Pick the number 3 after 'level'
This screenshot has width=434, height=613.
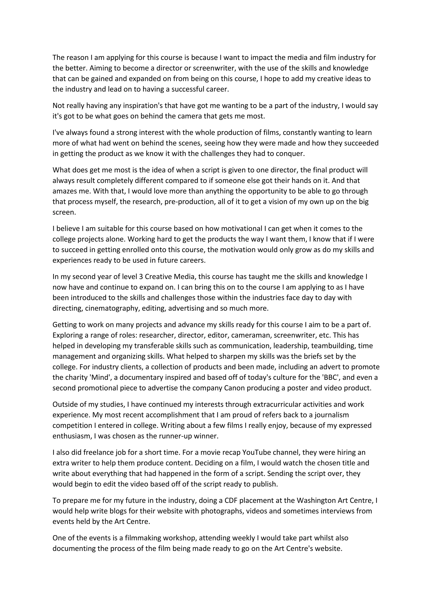coord(141,277)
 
